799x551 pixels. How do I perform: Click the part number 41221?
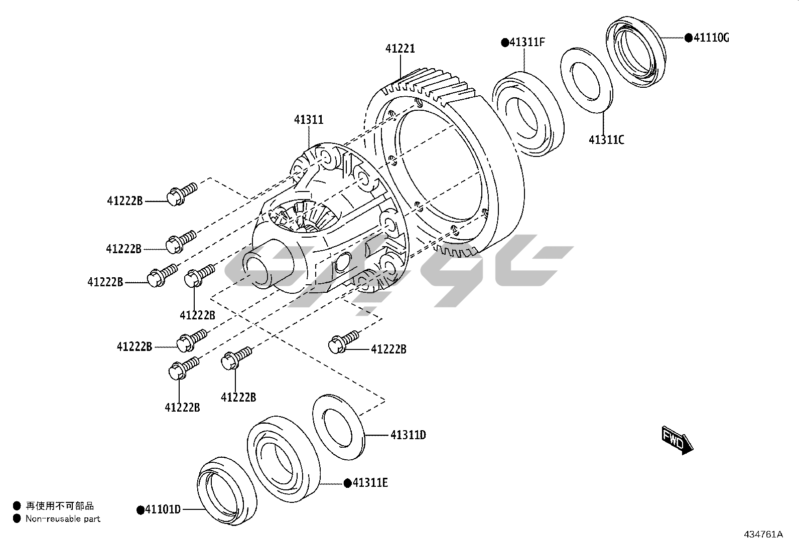pos(400,49)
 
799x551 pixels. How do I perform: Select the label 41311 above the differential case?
pos(309,120)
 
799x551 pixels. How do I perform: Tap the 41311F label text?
pos(527,42)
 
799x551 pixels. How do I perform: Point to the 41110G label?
pos(711,38)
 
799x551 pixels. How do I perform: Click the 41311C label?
pos(606,140)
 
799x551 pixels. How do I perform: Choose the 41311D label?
pos(408,435)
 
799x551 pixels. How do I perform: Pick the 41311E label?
pos(370,483)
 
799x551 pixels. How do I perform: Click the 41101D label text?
pos(162,510)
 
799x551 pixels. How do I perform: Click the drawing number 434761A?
pos(763,534)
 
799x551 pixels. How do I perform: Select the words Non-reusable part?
pos(63,519)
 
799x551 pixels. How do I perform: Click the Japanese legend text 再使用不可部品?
pos(60,506)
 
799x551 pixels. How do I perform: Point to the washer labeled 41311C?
pos(587,80)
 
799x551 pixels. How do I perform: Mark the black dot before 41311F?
pos(504,43)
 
